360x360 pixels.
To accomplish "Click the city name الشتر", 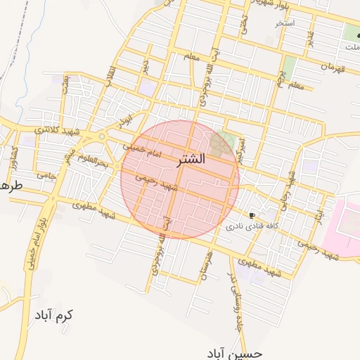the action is click(x=188, y=160).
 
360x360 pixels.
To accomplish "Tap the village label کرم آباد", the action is click(x=53, y=314).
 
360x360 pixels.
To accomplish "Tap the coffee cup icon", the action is click(x=252, y=215).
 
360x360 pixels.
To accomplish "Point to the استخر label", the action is click(x=285, y=23).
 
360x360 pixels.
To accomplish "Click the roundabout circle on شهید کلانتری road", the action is click(x=102, y=136).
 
